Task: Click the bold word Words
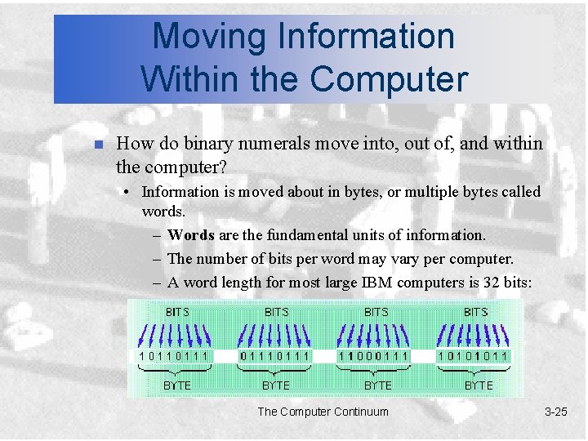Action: pos(190,235)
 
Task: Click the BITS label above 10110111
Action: pos(177,312)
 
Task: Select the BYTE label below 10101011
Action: pos(479,385)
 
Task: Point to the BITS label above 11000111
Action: pos(376,312)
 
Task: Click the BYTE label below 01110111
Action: pos(276,385)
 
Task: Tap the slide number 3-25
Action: pos(555,412)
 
